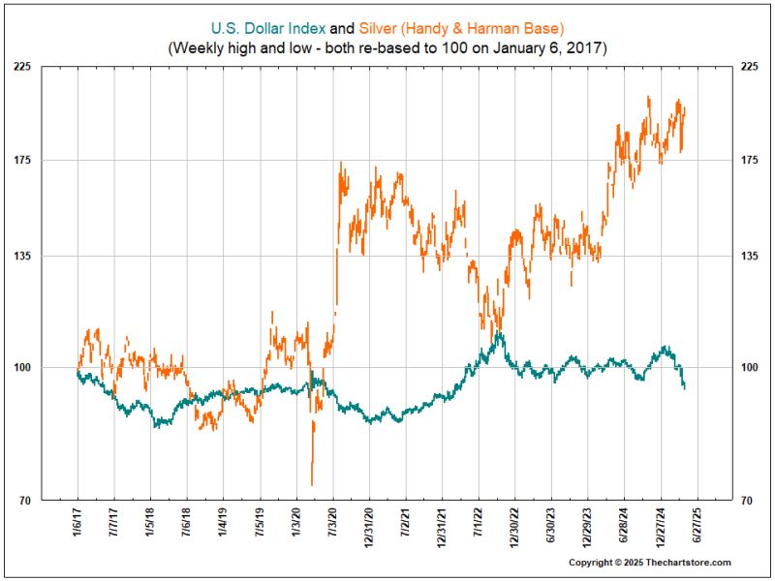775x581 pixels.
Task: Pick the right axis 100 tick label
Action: point(751,368)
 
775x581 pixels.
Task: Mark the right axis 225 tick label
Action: point(751,67)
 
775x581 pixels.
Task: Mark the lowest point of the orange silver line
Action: point(312,484)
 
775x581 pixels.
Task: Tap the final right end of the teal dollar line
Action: point(685,387)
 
